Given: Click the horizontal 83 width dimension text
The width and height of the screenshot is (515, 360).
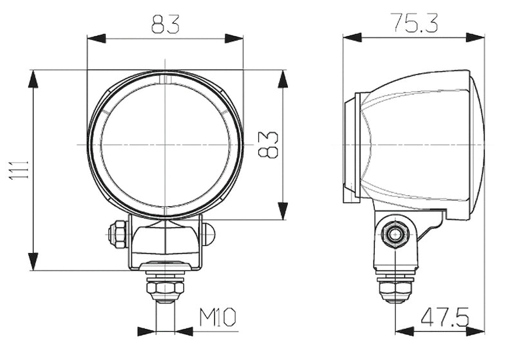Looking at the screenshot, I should [165, 24].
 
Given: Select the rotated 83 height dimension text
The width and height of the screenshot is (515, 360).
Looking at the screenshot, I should [270, 144].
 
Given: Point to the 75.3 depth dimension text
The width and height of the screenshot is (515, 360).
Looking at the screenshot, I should [413, 23].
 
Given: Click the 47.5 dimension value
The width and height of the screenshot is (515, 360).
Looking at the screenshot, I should [444, 317].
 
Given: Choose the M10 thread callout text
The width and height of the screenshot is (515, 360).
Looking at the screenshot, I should [218, 317].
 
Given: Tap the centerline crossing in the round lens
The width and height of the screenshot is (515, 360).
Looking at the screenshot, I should [165, 144].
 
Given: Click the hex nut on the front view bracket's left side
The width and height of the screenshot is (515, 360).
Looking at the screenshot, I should [118, 232].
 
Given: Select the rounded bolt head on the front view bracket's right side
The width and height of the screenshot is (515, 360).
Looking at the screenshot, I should [207, 233].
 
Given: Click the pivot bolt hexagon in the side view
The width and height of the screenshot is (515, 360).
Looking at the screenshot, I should [394, 235].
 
